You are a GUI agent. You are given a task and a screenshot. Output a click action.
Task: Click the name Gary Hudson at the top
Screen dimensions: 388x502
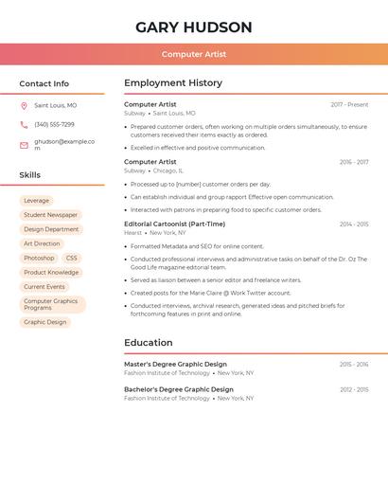(x=194, y=27)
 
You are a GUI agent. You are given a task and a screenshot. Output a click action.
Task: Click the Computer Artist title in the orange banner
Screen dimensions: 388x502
(x=194, y=54)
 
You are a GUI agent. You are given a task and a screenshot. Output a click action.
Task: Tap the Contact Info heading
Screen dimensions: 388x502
(x=44, y=83)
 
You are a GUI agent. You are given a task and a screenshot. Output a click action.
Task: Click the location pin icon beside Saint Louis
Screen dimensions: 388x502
(x=24, y=106)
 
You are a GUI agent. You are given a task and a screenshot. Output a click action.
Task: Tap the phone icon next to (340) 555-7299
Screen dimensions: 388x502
(x=24, y=125)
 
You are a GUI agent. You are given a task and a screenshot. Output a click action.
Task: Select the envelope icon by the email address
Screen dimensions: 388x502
(x=24, y=145)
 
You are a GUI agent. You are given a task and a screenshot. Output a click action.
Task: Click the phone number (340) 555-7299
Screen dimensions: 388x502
(x=54, y=125)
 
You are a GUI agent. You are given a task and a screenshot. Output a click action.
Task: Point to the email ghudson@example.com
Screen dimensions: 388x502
(x=64, y=144)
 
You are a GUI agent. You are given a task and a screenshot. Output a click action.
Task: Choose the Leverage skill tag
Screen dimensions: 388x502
(x=36, y=201)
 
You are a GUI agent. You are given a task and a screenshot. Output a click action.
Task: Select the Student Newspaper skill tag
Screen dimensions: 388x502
(x=51, y=215)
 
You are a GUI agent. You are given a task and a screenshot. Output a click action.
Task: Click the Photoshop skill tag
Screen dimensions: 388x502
(x=39, y=258)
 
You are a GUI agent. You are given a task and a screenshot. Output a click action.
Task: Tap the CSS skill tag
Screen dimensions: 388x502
(x=72, y=258)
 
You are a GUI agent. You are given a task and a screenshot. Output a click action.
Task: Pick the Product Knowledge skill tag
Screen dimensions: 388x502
(x=51, y=272)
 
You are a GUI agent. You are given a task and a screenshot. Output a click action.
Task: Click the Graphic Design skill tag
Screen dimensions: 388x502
(x=45, y=322)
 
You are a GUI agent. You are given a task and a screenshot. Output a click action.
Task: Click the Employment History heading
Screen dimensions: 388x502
(x=173, y=83)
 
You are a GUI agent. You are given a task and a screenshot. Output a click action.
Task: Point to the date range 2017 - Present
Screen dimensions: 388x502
(x=349, y=105)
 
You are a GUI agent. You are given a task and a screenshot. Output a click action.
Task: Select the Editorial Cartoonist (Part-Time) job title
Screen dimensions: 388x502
(x=174, y=224)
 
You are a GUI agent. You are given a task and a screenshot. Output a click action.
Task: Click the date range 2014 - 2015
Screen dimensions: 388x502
(x=354, y=224)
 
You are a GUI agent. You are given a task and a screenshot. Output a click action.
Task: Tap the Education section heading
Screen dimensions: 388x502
(x=149, y=343)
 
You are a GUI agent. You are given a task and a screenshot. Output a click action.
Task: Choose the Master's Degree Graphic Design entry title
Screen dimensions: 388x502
(x=175, y=364)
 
